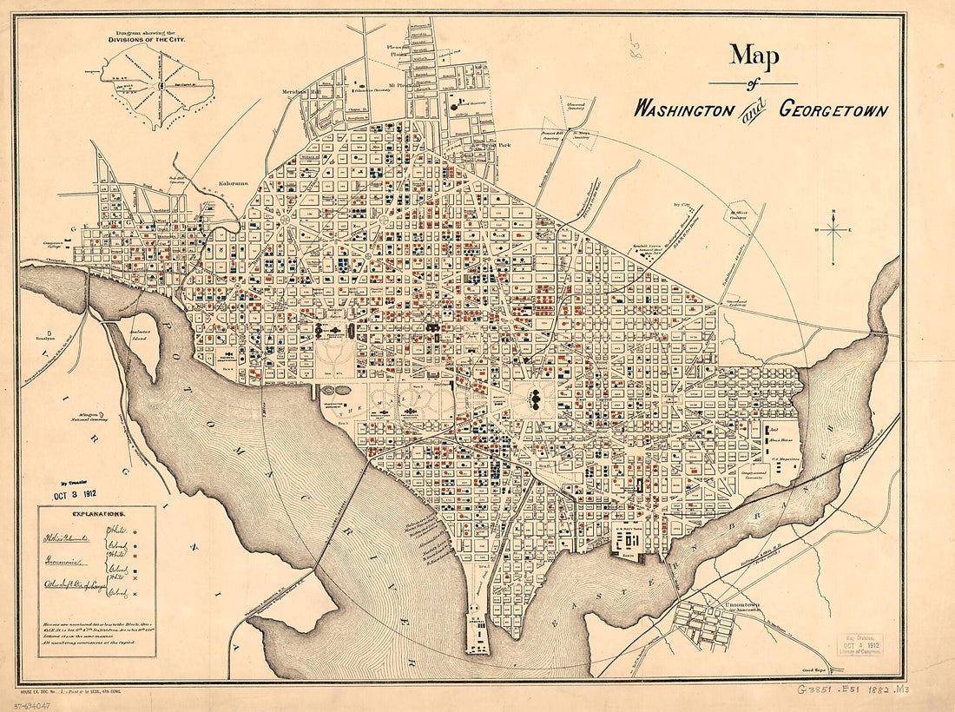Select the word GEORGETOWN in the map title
[833, 110]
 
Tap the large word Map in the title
[754, 56]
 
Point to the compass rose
[833, 230]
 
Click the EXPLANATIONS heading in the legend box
[96, 514]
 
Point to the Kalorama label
[234, 183]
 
